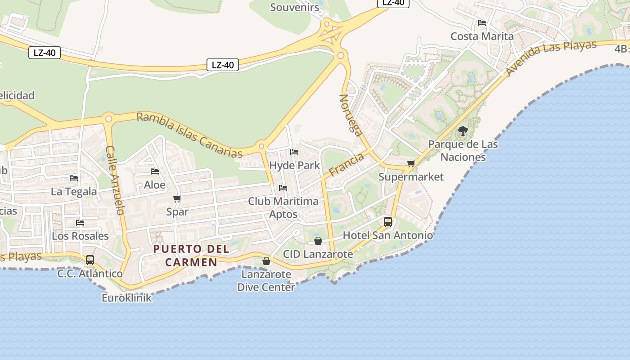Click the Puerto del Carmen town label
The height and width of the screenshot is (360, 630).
tap(191, 255)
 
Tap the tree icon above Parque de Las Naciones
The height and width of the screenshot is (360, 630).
tap(463, 131)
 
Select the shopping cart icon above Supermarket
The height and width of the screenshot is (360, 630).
tap(410, 164)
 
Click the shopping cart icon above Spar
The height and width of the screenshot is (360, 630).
tap(177, 199)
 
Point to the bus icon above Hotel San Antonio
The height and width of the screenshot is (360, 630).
tap(387, 221)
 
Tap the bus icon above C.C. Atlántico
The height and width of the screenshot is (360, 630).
tap(90, 260)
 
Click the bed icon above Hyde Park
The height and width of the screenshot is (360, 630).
tap(294, 152)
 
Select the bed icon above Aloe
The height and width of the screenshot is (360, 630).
tap(155, 171)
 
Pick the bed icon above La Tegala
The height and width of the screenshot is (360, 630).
tap(74, 178)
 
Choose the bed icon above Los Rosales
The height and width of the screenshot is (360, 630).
tap(80, 222)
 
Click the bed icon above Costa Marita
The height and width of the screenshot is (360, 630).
tap(482, 22)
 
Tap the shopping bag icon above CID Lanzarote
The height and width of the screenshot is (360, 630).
tap(318, 241)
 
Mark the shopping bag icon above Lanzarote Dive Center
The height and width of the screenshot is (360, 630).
tap(266, 261)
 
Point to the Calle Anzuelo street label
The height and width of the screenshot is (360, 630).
tap(115, 180)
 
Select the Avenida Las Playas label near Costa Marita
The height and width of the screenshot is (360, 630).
tap(551, 58)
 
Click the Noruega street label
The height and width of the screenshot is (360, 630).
tap(351, 115)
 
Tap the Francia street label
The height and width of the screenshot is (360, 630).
tap(346, 165)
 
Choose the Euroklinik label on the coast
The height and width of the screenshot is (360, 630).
tap(126, 298)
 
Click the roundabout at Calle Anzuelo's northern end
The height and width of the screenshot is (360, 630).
tap(108, 119)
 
